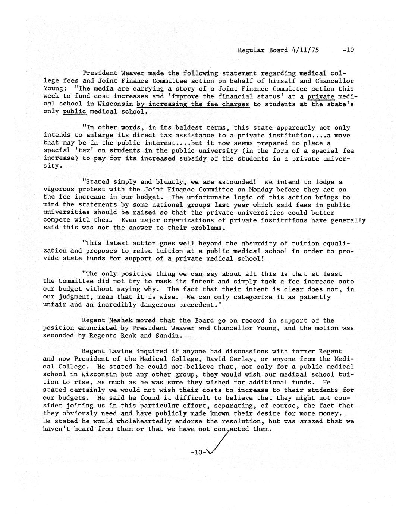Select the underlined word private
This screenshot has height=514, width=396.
click(x=321, y=96)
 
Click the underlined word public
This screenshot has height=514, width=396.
click(x=75, y=111)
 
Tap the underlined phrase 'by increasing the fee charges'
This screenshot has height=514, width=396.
click(x=193, y=104)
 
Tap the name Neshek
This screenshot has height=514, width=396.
click(x=120, y=320)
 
